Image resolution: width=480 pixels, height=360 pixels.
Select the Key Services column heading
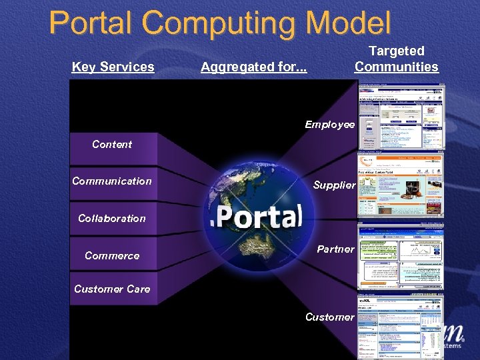[x=113, y=67]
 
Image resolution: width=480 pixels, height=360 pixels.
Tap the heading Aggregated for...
[x=253, y=67]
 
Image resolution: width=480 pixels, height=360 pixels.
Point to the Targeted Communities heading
[x=397, y=59]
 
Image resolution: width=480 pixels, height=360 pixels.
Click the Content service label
[x=112, y=144]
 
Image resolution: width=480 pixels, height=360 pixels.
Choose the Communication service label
[x=112, y=181]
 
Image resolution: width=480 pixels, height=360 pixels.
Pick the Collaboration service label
[x=112, y=219]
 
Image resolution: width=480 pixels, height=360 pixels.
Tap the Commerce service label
[x=112, y=256]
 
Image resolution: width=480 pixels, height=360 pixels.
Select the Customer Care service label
[x=112, y=289]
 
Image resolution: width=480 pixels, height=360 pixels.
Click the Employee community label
[x=330, y=125]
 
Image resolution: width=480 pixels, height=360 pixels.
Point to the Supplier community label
[x=334, y=185]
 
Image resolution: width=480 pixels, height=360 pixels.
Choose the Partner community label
[x=335, y=249]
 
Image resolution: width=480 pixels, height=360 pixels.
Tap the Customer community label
[x=330, y=317]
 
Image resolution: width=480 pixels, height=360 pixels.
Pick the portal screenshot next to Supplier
[x=401, y=186]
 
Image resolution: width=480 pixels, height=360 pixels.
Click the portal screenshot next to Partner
[x=401, y=256]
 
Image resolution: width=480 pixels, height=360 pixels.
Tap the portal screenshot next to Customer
[x=400, y=325]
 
